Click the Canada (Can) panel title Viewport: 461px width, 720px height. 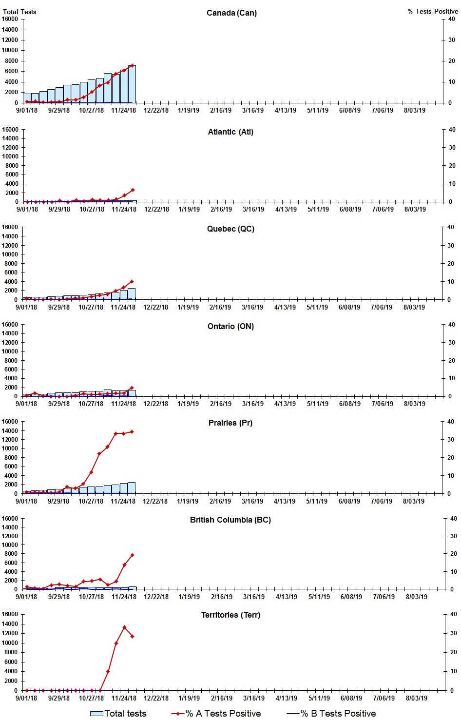click(231, 13)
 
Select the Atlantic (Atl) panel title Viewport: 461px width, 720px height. click(230, 132)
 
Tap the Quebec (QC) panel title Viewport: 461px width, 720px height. click(230, 229)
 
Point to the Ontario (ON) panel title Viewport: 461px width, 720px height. click(230, 326)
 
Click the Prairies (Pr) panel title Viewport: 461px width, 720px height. click(230, 423)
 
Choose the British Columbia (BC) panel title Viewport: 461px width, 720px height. click(230, 520)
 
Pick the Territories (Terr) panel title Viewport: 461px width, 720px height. click(230, 615)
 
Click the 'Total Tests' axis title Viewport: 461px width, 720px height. click(19, 12)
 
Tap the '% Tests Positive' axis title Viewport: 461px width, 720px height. click(433, 11)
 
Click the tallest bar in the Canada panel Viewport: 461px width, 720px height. click(132, 84)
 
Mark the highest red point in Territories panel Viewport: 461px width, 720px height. click(124, 627)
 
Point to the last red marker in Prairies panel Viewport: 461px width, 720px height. click(132, 432)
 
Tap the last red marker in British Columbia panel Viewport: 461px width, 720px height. click(132, 555)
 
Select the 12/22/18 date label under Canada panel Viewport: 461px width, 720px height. click(156, 110)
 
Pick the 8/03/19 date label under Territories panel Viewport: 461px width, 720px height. click(416, 698)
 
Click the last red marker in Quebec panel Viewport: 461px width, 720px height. click(132, 282)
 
